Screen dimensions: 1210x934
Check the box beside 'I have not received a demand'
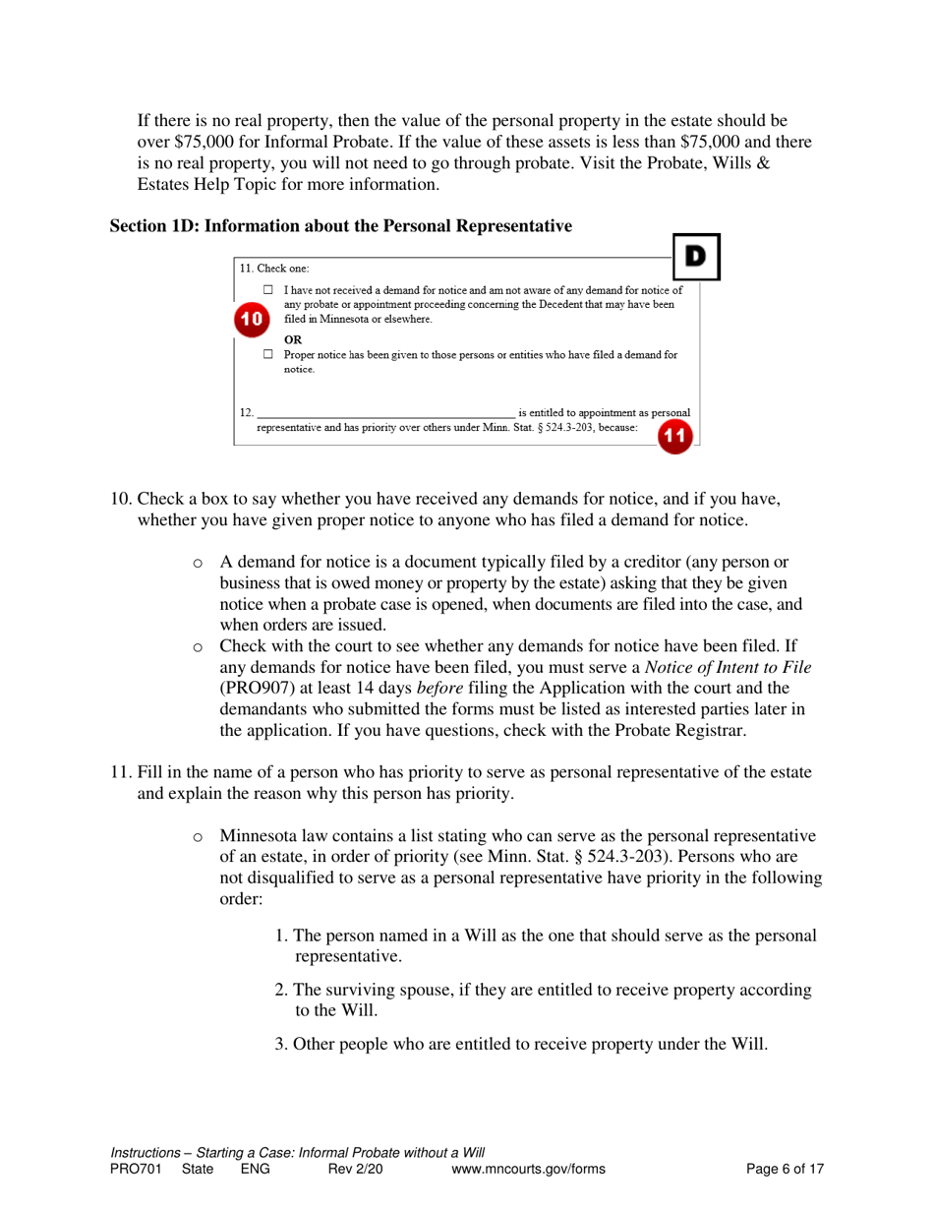[268, 291]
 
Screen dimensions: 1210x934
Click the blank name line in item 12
[384, 411]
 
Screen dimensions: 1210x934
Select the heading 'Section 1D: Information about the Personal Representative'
[340, 226]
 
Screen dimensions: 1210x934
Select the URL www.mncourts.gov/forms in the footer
[527, 1169]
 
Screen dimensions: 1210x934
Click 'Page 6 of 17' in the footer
[784, 1169]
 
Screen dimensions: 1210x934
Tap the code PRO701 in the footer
[133, 1169]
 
